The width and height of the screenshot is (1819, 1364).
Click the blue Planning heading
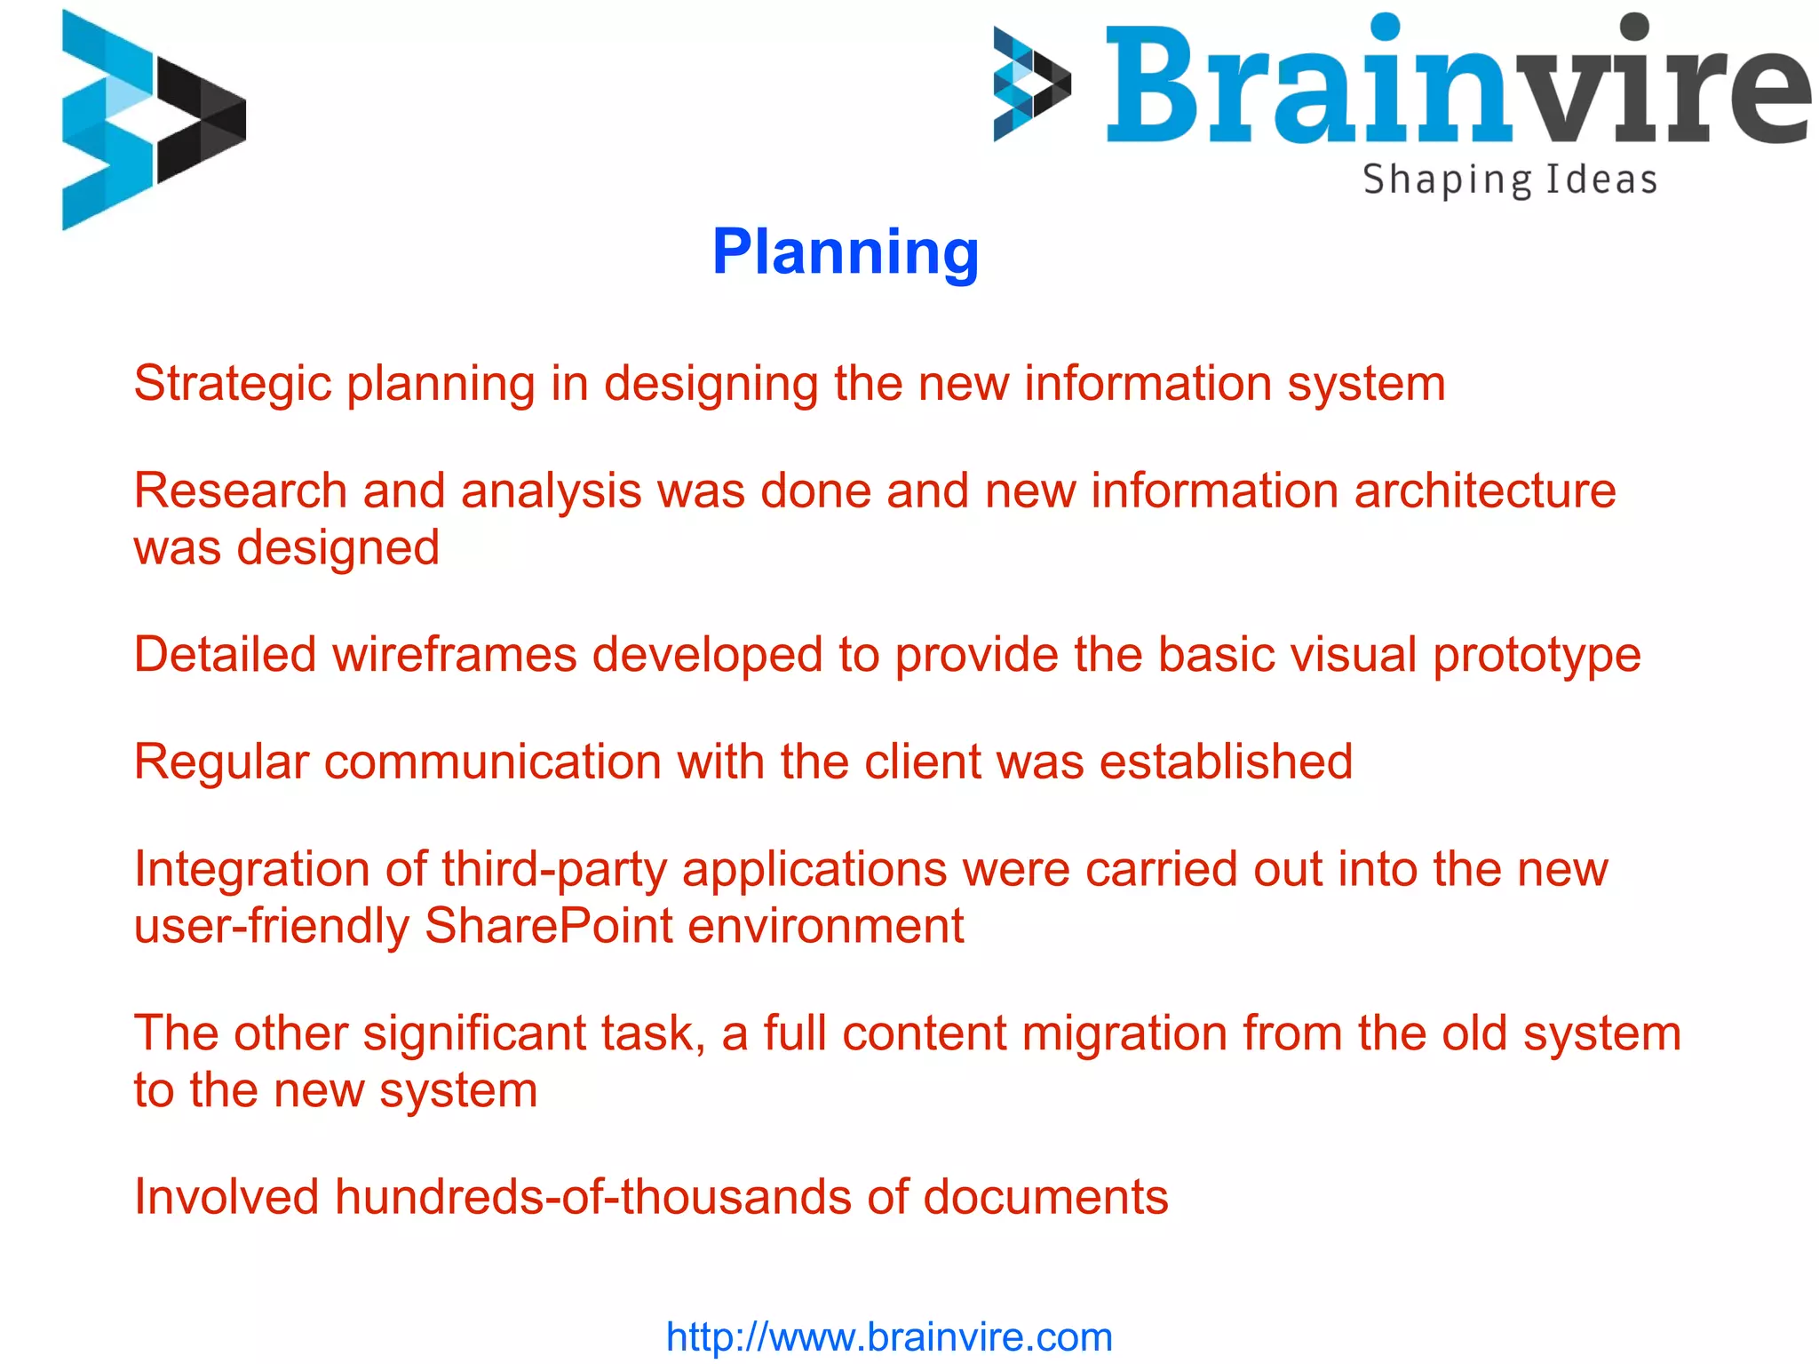pyautogui.click(x=845, y=253)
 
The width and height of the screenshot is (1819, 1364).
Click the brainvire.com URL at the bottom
pyautogui.click(x=889, y=1336)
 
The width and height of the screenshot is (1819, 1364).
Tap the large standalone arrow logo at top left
pyautogui.click(x=153, y=120)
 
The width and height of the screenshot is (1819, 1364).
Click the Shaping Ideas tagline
pyautogui.click(x=1510, y=180)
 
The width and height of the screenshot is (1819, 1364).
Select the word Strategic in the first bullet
pyautogui.click(x=232, y=385)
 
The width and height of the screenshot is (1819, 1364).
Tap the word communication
pyautogui.click(x=493, y=762)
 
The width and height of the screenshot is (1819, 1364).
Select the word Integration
pyautogui.click(x=251, y=871)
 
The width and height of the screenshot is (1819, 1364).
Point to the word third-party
pyautogui.click(x=554, y=871)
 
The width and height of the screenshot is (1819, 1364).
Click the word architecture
pyautogui.click(x=1485, y=491)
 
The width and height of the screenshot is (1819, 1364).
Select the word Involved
pyautogui.click(x=226, y=1197)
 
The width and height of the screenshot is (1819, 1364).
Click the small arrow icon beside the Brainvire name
pyautogui.click(x=1031, y=84)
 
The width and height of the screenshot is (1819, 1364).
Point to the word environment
pyautogui.click(x=825, y=926)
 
